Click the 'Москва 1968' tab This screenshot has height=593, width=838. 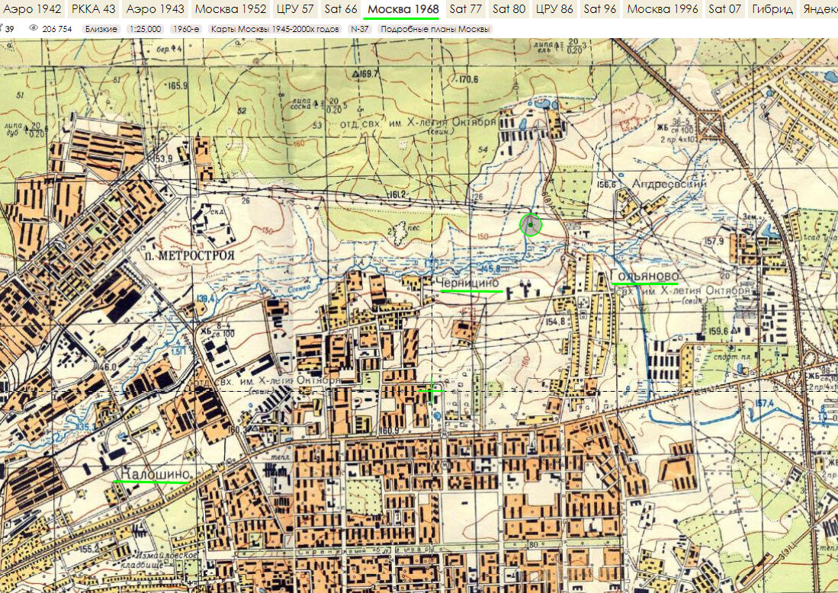[x=403, y=9]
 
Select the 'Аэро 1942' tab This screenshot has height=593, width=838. [x=33, y=9]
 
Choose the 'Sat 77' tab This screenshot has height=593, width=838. [x=465, y=9]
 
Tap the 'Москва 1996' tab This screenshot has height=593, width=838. [x=661, y=9]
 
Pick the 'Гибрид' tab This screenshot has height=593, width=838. [x=772, y=9]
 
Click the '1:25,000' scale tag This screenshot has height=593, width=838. [x=145, y=28]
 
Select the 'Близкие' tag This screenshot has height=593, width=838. [x=101, y=28]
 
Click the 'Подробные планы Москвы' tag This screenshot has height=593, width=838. [x=435, y=28]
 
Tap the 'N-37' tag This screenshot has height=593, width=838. [x=360, y=28]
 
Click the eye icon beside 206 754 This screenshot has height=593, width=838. [x=34, y=28]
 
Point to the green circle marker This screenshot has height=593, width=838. [x=530, y=225]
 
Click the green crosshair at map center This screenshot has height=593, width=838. [x=432, y=391]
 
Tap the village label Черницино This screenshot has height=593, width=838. [x=469, y=283]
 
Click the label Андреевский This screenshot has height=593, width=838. [x=669, y=184]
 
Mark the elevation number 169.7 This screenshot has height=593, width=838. [x=367, y=74]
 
